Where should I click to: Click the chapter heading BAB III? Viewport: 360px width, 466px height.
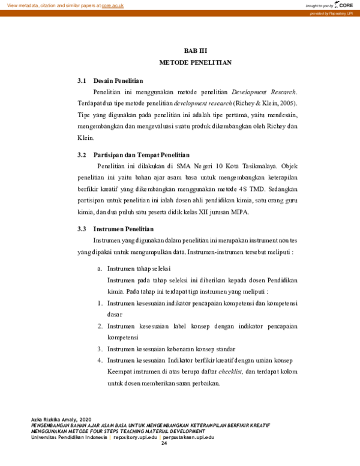[195, 51]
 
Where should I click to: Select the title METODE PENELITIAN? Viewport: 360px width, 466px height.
[195, 62]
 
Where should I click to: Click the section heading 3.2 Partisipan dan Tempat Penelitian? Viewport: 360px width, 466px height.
[134, 154]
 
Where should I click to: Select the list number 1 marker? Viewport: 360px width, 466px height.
[100, 303]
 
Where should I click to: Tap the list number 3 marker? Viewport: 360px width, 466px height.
[100, 348]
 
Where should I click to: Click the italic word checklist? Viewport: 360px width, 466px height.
[231, 372]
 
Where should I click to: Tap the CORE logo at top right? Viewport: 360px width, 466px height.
[345, 5]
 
